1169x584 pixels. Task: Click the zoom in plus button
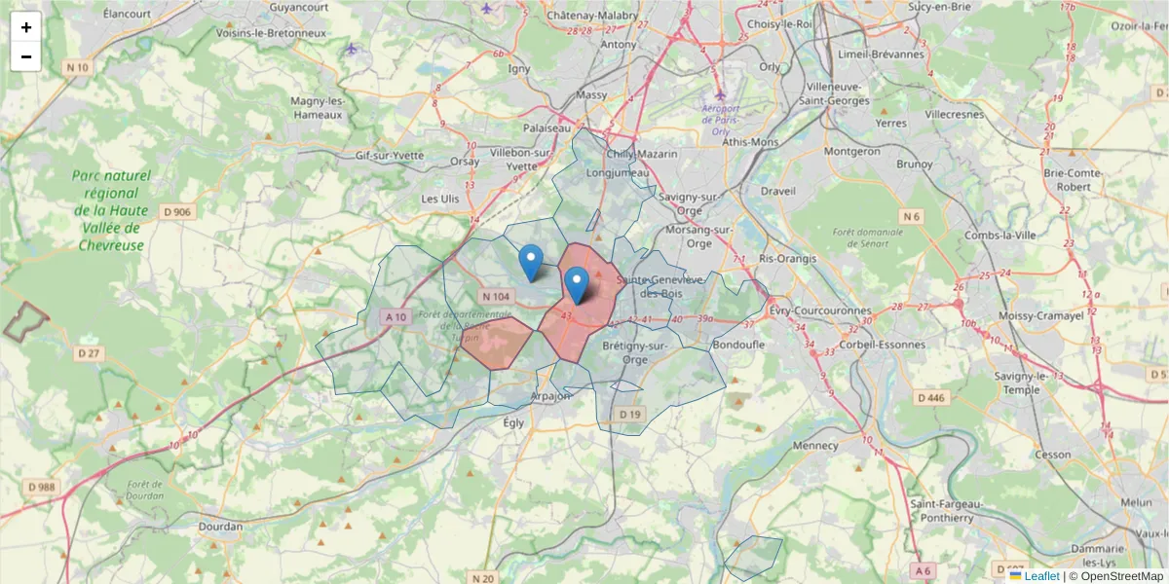(x=26, y=27)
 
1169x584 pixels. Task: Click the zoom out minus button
(x=26, y=56)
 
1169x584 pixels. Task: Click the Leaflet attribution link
(x=1042, y=576)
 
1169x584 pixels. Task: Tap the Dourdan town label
(x=220, y=527)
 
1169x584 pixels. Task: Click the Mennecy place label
(x=815, y=446)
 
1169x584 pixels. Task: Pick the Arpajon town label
(x=552, y=396)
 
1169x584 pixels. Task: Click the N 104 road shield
(x=495, y=296)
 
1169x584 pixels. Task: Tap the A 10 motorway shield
(x=395, y=317)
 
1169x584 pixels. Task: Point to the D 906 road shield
(x=177, y=211)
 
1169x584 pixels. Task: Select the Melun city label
(x=1136, y=502)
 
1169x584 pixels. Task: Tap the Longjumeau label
(x=611, y=173)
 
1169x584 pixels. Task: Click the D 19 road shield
(x=631, y=415)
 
